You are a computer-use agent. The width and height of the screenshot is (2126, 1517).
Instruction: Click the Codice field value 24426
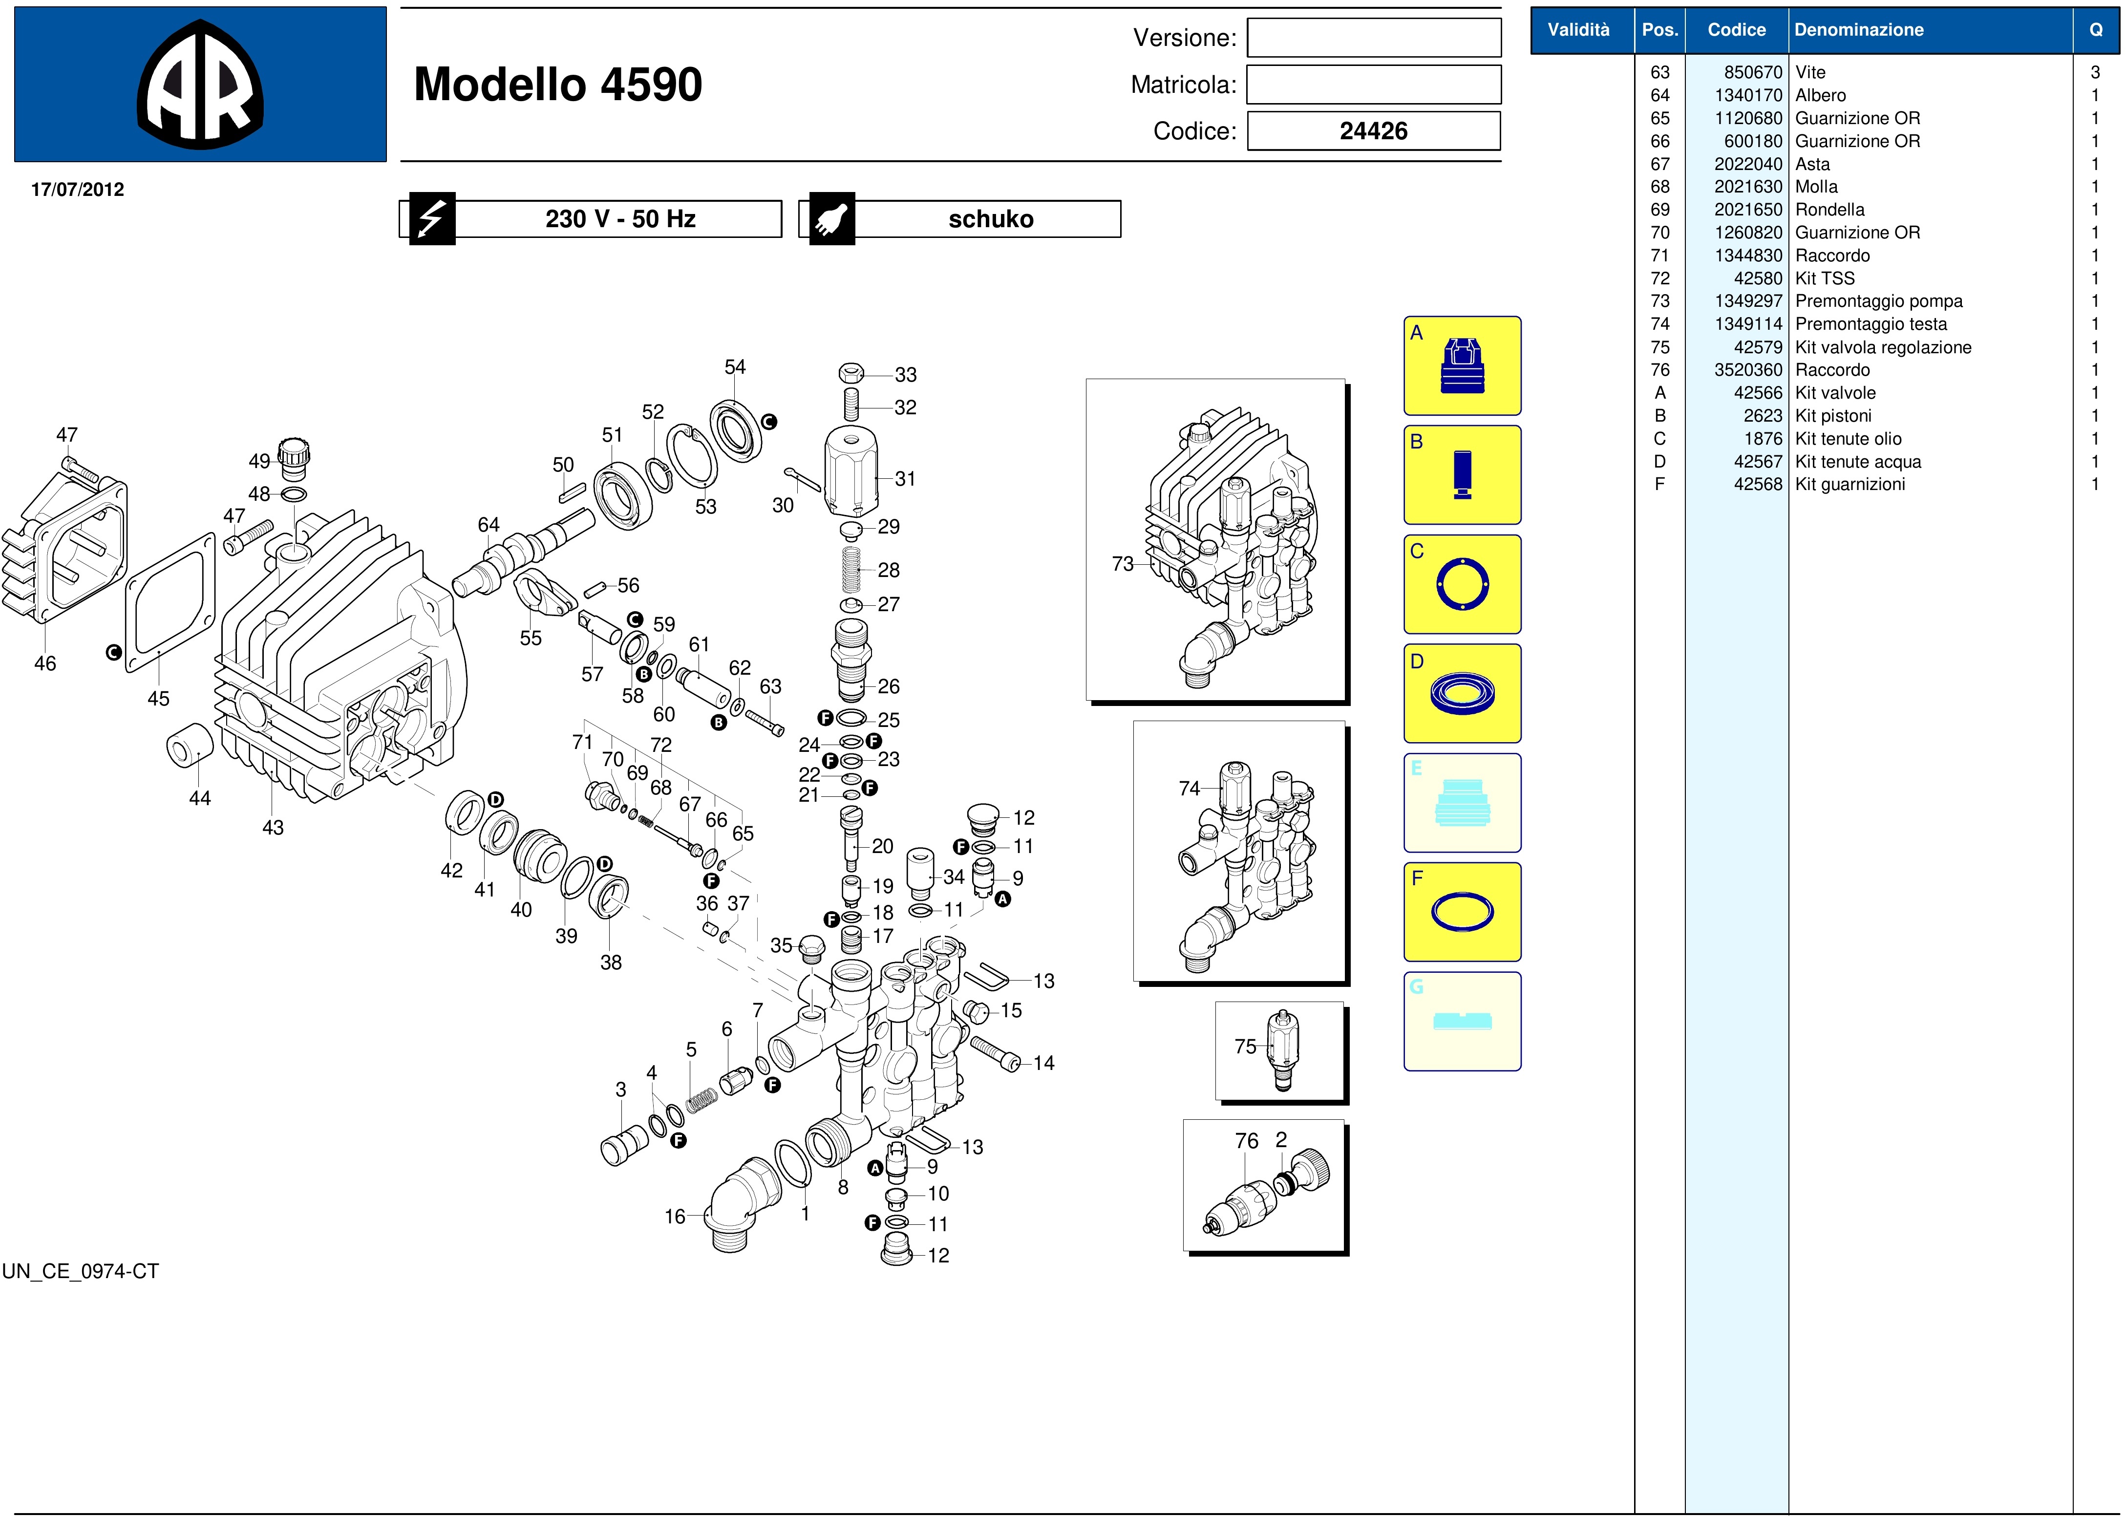[1373, 131]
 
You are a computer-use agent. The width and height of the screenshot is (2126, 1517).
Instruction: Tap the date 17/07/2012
[78, 190]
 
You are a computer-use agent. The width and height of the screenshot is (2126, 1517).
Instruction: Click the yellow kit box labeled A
[1462, 366]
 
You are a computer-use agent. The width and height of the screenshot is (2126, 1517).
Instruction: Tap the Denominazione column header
[1859, 30]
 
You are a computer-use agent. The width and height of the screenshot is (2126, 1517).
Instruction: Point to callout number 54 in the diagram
[735, 367]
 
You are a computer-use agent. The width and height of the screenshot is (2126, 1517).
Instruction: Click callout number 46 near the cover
[45, 663]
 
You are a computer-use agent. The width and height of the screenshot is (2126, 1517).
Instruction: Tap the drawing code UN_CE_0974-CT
[80, 1271]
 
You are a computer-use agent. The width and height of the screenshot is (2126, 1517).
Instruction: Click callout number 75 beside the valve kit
[1245, 1046]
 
